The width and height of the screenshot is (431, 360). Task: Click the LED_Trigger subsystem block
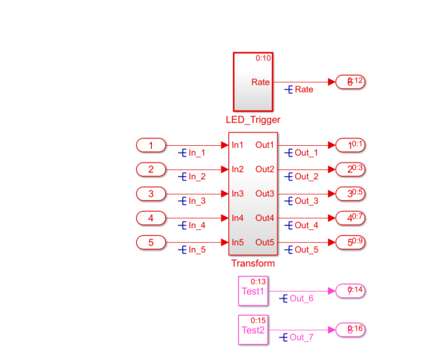coord(253,81)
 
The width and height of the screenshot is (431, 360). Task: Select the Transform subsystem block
coord(253,193)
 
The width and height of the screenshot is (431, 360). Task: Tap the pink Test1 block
coord(253,291)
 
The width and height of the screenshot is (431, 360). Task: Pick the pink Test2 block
coord(253,330)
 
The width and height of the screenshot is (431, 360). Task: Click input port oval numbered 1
coord(151,145)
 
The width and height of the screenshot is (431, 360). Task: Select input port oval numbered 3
coord(151,194)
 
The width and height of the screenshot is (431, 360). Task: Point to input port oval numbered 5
coord(151,242)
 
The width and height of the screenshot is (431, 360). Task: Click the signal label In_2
coord(197,177)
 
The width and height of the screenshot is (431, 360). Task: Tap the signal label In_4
coord(197,225)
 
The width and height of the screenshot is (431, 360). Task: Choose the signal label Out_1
coord(306,153)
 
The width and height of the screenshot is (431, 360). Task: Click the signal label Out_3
coord(306,201)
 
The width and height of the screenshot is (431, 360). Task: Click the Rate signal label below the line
coord(303,90)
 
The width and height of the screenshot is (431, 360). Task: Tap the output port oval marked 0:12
coord(350,82)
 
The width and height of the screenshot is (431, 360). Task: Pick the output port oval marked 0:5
coord(350,194)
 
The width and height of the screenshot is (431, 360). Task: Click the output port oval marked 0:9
coord(350,242)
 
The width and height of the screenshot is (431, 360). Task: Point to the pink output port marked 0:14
coord(350,291)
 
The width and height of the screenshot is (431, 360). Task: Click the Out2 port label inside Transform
coord(265,169)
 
